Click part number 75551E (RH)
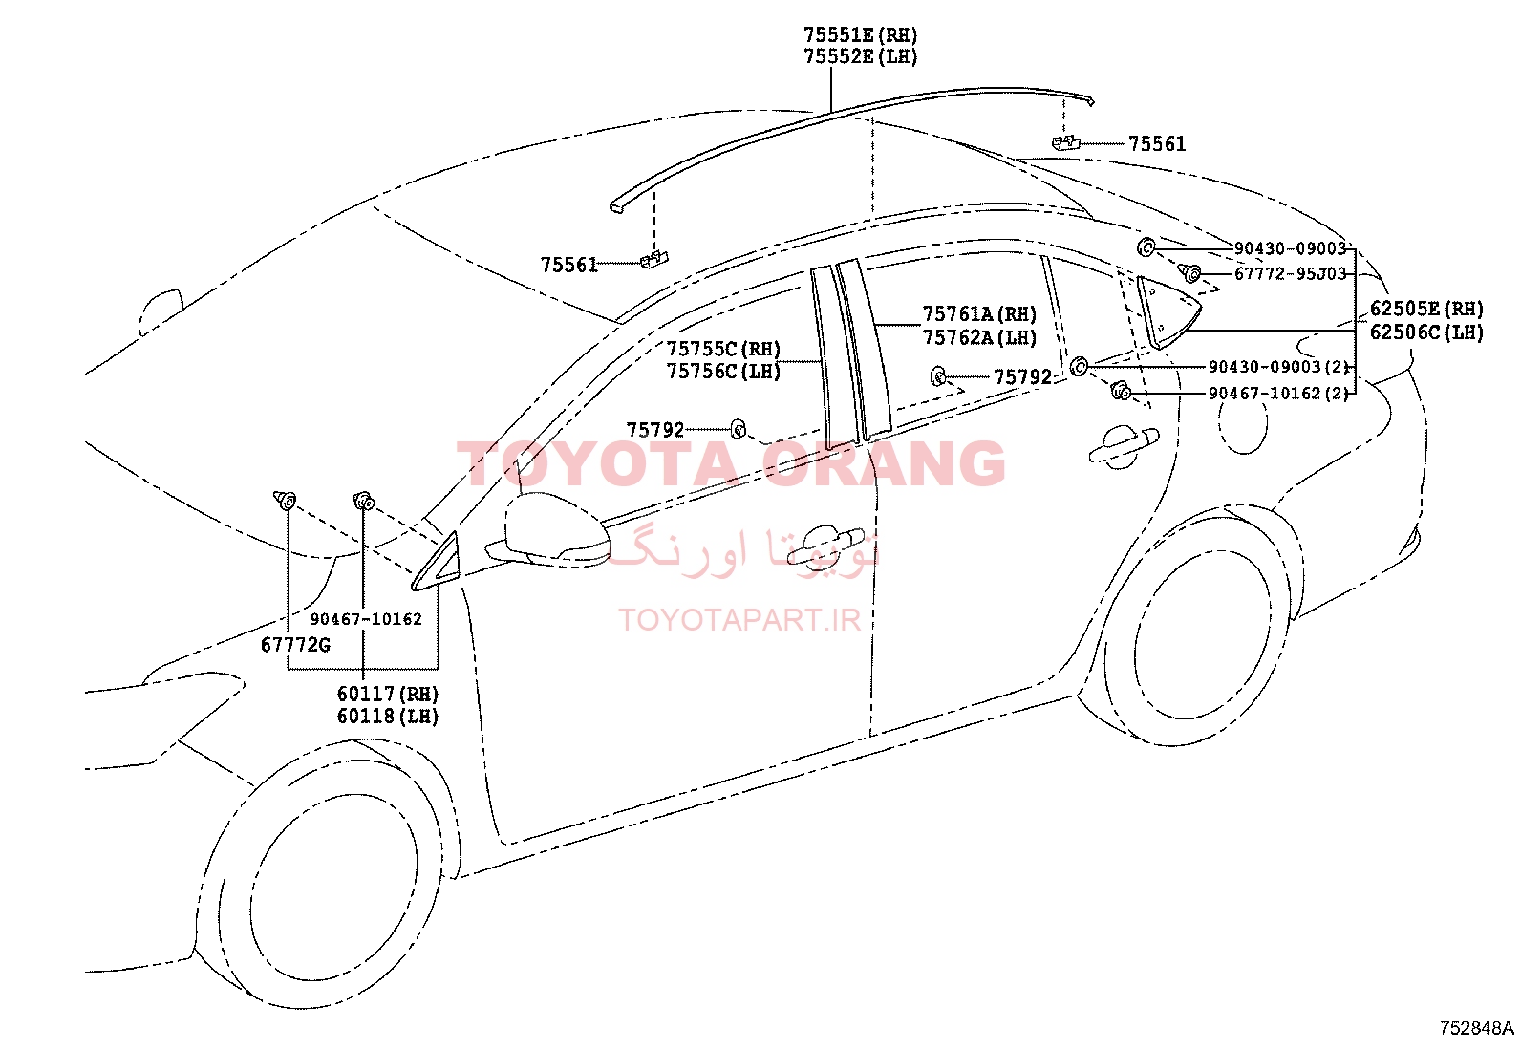(860, 34)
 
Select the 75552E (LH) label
(860, 56)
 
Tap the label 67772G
(295, 645)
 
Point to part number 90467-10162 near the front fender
(366, 619)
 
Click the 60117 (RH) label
(388, 694)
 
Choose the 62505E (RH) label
(1426, 309)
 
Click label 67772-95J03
(1290, 273)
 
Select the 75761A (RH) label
(979, 313)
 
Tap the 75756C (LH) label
(723, 372)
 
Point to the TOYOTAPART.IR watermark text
(739, 620)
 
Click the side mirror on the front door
(557, 529)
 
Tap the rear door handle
(1124, 445)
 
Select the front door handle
(825, 546)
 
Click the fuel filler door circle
(1243, 421)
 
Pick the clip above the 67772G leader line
(285, 500)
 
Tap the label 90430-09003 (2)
(1278, 367)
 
